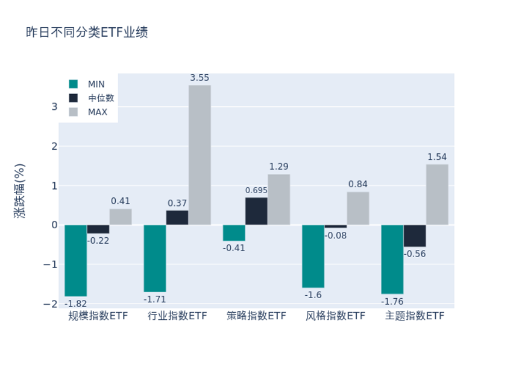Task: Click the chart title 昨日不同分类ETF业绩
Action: click(x=87, y=33)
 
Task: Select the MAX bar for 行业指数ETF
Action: click(x=200, y=155)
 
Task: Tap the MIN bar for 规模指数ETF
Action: click(x=76, y=260)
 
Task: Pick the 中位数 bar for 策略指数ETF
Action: click(x=256, y=211)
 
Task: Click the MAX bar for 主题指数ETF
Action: click(x=437, y=194)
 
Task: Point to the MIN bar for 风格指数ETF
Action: click(x=313, y=256)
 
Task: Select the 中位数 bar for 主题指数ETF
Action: click(x=415, y=236)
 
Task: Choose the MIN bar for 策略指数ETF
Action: click(x=234, y=233)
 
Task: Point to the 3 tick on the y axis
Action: click(x=54, y=107)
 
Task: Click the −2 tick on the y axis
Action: click(x=51, y=304)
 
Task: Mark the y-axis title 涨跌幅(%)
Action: click(x=20, y=190)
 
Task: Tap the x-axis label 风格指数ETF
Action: click(x=335, y=316)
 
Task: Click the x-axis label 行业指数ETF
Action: click(x=177, y=316)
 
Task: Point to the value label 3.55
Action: click(x=200, y=78)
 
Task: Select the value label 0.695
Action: click(x=256, y=191)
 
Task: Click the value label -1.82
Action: click(x=76, y=303)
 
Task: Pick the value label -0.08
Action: click(x=336, y=235)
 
